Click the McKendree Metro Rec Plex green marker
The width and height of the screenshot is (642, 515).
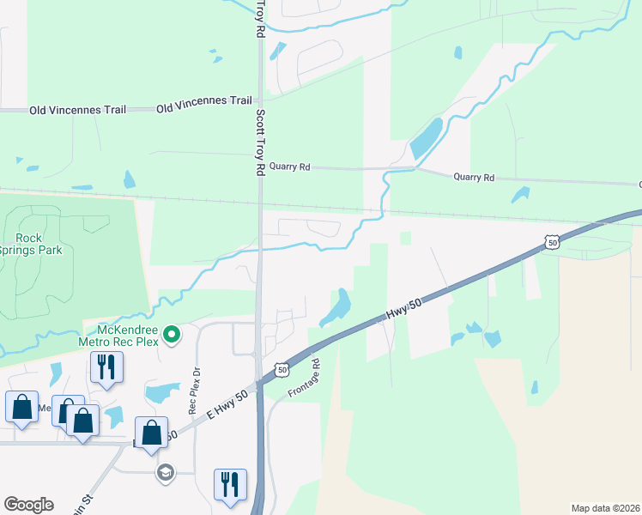tap(172, 334)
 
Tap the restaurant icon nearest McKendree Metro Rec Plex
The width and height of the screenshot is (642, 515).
tap(106, 367)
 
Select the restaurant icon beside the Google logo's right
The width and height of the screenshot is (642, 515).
tap(230, 484)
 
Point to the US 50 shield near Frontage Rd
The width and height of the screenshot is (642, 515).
tap(281, 369)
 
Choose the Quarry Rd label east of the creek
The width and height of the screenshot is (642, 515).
tap(474, 178)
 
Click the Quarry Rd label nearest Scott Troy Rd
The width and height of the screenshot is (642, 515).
tap(289, 167)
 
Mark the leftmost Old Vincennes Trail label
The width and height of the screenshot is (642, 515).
tap(77, 110)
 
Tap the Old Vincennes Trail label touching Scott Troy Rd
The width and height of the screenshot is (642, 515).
tap(204, 100)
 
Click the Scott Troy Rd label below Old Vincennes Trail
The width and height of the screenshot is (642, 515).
tap(260, 143)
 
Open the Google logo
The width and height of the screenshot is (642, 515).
tap(28, 505)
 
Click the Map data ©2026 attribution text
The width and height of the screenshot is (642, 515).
tap(604, 508)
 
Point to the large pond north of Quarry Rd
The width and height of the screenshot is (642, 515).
tap(426, 138)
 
